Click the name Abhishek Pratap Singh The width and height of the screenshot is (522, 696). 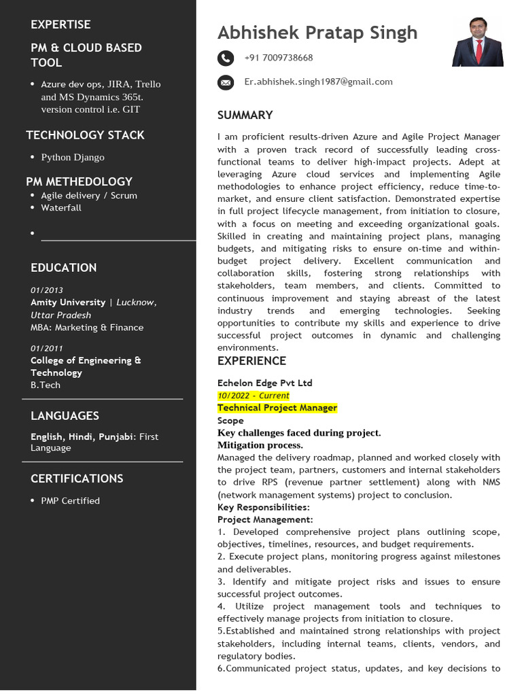tap(317, 33)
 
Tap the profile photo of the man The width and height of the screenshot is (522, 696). tap(478, 42)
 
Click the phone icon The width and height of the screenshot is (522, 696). tap(225, 58)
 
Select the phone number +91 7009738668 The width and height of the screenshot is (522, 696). tap(279, 58)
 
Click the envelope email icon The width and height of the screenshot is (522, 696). tap(225, 82)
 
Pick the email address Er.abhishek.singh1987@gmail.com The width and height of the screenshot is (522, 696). tap(318, 82)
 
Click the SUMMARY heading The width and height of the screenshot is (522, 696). tap(245, 115)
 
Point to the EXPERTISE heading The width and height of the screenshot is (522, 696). tap(60, 24)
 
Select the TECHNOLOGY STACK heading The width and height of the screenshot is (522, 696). tap(85, 135)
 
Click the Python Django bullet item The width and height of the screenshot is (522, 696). tap(73, 157)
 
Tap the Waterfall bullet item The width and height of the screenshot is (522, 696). tap(61, 207)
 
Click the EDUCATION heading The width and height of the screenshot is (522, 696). tap(63, 267)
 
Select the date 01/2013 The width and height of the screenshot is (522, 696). tap(47, 290)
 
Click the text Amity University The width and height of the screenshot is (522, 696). tap(68, 302)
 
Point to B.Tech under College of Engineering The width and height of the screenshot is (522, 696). tap(46, 385)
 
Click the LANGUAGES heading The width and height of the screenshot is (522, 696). tap(65, 415)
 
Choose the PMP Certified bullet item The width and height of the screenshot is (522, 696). tap(70, 500)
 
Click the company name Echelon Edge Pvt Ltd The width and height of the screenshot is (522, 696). tap(264, 383)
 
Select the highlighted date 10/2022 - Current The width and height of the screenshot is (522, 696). tap(253, 395)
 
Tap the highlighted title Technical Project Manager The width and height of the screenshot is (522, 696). tap(277, 408)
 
